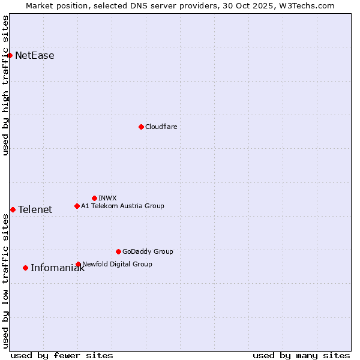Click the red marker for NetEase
pos(10,56)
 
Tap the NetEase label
pos(35,56)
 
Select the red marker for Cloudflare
pos(141,127)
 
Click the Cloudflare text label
pos(161,127)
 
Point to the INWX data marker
pos(94,198)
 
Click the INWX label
pos(107,198)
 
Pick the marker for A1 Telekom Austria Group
pos(77,206)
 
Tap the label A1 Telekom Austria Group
pos(122,206)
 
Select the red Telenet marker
pos(13,209)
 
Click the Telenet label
pos(35,209)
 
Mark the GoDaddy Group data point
pos(118,251)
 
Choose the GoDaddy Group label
pos(148,251)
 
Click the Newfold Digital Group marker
pos(78,264)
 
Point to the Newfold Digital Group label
pos(117,264)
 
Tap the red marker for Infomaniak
pos(25,268)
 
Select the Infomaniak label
pos(58,268)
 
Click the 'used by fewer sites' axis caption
pos(62,355)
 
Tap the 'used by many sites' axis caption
pos(301,355)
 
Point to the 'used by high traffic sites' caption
pos(6,85)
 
